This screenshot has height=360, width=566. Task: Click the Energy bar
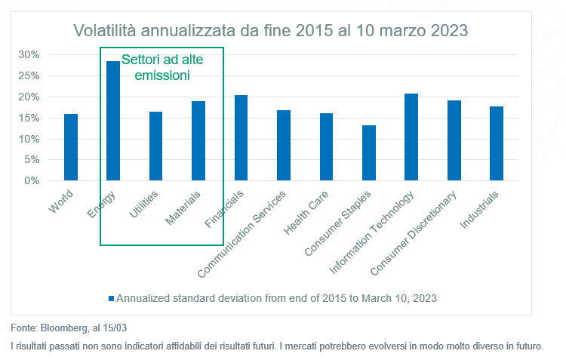(x=113, y=121)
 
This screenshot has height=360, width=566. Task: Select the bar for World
(x=71, y=147)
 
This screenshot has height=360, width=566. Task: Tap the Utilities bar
(x=155, y=146)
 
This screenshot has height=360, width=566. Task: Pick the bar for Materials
(x=198, y=141)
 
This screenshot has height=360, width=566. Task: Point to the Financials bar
(x=241, y=138)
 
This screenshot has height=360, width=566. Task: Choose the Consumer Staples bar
(x=368, y=153)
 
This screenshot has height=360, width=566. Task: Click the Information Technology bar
(x=411, y=137)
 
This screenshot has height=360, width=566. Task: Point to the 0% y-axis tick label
(x=32, y=181)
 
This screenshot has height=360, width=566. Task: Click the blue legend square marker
(x=112, y=298)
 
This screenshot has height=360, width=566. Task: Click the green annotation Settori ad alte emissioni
(x=162, y=66)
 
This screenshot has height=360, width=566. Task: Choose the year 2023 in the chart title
(x=450, y=31)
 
